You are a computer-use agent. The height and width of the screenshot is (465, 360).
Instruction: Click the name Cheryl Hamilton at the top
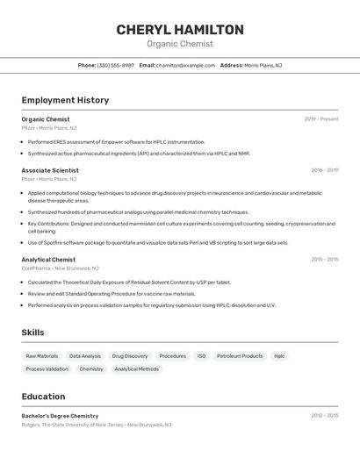(179, 29)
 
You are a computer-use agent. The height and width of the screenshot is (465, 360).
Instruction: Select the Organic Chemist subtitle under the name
(179, 44)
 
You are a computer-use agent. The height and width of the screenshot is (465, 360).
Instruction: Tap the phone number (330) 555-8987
(115, 65)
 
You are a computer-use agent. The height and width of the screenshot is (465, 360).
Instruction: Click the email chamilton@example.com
(185, 65)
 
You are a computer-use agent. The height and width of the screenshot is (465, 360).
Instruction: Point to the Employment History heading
(65, 100)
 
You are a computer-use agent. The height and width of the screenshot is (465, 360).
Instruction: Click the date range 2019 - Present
(320, 119)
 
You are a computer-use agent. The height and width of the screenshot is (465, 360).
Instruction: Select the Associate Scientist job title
(50, 170)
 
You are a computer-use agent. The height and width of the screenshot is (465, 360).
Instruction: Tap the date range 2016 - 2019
(324, 170)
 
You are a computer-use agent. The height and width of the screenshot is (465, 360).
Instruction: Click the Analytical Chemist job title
(48, 260)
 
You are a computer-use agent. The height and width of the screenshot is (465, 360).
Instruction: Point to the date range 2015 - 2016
(324, 260)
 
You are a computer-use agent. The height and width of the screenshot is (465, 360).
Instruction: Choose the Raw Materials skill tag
(42, 356)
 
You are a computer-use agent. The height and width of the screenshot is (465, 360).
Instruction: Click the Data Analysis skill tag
(85, 356)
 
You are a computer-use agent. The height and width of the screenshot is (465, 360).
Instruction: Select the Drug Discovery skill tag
(130, 356)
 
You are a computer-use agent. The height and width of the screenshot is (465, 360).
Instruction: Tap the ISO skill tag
(201, 356)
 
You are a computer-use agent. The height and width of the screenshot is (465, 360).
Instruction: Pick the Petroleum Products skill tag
(240, 356)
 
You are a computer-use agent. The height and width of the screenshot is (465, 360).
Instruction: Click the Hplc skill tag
(279, 356)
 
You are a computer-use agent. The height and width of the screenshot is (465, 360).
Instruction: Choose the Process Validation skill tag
(47, 369)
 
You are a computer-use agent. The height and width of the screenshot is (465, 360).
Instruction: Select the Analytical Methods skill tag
(137, 369)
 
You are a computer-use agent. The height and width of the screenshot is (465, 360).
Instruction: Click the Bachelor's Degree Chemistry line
(60, 416)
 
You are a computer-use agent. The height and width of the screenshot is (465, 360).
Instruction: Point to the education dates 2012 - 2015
(324, 416)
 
